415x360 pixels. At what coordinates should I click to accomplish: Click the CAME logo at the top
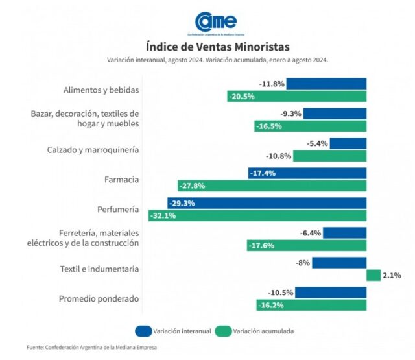coord(217,24)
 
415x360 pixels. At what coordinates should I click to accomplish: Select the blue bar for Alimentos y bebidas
coord(326,84)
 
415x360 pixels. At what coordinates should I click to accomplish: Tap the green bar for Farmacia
coord(272,186)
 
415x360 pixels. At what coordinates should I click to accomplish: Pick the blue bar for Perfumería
coord(267,203)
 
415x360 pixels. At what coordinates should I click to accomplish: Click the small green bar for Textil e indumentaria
coord(373,275)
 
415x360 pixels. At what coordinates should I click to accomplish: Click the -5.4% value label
coord(318,143)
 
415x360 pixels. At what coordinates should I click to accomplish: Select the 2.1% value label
coord(392,276)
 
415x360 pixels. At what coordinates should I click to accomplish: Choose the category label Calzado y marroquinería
coord(93,150)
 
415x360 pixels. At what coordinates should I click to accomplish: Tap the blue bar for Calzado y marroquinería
coord(348,143)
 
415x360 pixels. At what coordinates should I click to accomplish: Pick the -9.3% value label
coord(290,114)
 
